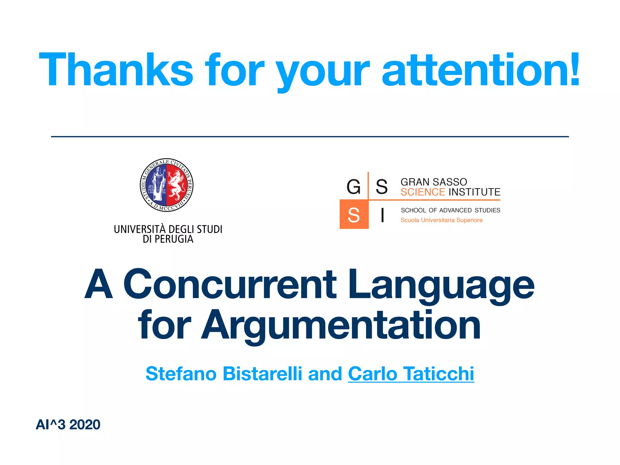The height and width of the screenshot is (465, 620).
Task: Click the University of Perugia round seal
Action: (x=167, y=185)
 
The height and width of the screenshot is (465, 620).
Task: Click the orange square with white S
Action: (x=354, y=214)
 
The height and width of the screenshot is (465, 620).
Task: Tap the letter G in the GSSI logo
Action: (x=354, y=186)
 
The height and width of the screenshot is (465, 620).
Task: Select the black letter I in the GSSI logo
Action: (x=383, y=215)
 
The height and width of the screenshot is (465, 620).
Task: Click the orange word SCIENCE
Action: (x=423, y=192)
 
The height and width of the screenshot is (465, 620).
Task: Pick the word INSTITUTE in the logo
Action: (x=474, y=192)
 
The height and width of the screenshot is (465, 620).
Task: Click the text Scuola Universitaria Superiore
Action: (x=441, y=220)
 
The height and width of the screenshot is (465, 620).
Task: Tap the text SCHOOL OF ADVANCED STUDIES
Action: (x=450, y=210)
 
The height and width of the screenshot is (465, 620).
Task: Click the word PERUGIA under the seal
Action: (x=174, y=239)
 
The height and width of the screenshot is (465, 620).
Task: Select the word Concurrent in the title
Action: (x=230, y=285)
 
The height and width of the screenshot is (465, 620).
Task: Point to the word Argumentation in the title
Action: (x=341, y=325)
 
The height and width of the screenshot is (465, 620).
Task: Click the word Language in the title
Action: (x=441, y=286)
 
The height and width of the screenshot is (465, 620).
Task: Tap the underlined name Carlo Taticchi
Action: (x=411, y=374)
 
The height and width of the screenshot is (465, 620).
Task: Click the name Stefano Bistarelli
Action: (x=224, y=374)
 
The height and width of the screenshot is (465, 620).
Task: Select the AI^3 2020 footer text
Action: (x=68, y=424)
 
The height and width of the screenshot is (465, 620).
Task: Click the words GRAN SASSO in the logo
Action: (x=434, y=182)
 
